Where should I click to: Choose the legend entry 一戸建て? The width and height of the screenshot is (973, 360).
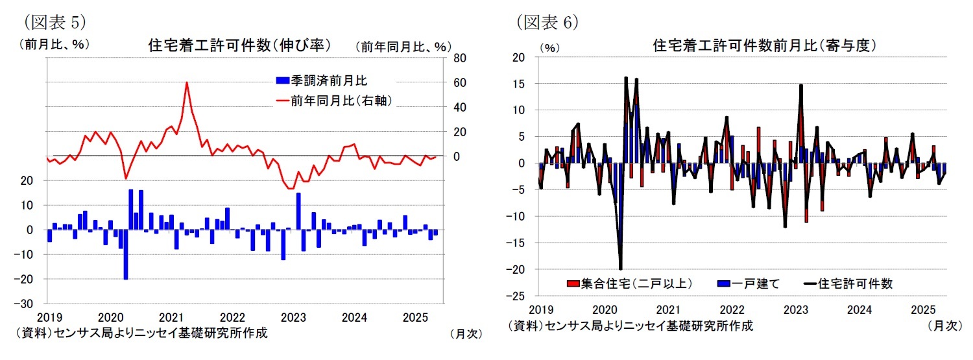(749, 283)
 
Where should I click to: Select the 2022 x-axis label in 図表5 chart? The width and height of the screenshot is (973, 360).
(232, 318)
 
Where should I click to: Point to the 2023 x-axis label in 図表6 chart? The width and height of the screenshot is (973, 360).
(795, 309)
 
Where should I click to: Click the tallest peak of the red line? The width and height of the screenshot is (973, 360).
(186, 82)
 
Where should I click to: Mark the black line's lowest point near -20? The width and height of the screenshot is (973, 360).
(620, 269)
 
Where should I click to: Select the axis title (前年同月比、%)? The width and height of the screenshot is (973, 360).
(402, 46)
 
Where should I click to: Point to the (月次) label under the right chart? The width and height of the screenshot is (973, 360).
(944, 326)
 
